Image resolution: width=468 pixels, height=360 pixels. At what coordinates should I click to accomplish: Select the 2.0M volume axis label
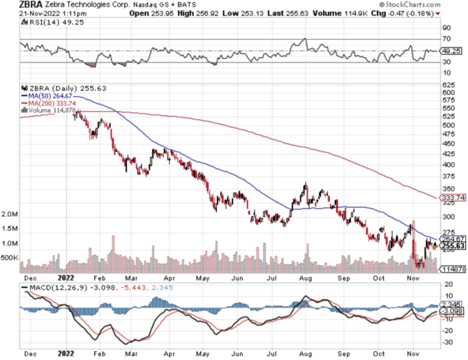[10, 215]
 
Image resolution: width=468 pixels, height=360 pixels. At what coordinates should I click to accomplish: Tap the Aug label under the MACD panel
[305, 355]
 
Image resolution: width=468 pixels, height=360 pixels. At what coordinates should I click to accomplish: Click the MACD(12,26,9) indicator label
[52, 288]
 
